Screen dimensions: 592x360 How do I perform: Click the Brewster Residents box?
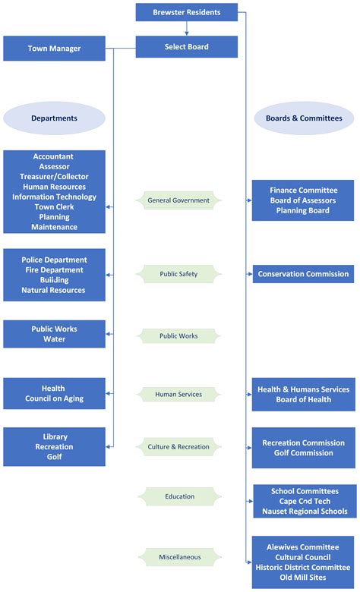pos(187,12)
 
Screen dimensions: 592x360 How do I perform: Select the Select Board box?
pos(187,47)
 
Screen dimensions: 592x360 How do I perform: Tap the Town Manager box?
pos(54,49)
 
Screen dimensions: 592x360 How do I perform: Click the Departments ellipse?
pos(54,118)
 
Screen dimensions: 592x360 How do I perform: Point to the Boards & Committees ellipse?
pos(303,118)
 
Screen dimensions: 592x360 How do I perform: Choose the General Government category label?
pos(178,200)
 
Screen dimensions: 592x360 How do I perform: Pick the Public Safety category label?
pos(178,273)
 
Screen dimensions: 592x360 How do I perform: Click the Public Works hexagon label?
pos(178,335)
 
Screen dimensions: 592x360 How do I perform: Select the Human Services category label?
pos(178,394)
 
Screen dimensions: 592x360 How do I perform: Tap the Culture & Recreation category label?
pos(178,447)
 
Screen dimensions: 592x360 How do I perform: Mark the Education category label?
pos(178,496)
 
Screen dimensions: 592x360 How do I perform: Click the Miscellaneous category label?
pos(178,557)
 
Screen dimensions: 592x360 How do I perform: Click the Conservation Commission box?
pos(303,274)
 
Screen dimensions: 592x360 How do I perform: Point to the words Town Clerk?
pos(54,206)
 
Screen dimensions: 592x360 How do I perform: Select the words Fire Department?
pos(54,270)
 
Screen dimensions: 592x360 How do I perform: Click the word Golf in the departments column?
pos(54,457)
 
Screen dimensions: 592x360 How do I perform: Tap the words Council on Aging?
pos(54,398)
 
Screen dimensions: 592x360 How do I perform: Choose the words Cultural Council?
pos(303,556)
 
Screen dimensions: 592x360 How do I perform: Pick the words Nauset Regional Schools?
pos(303,512)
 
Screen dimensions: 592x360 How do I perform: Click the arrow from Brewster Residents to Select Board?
pos(187,29)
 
